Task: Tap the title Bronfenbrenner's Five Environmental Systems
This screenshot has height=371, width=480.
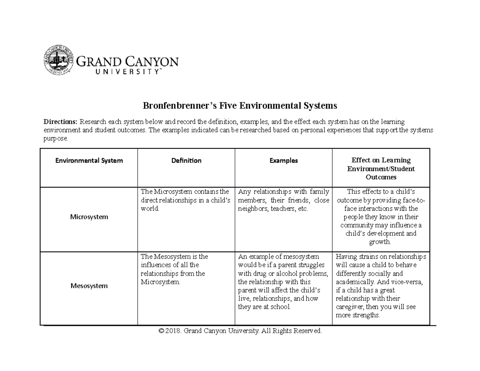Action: [x=240, y=106]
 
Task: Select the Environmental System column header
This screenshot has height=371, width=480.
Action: [x=89, y=160]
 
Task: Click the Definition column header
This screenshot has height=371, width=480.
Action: [x=186, y=160]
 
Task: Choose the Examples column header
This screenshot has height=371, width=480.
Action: [x=283, y=160]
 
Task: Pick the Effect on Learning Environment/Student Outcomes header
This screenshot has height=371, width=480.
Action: [x=380, y=168]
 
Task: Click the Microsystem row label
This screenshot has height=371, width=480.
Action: [x=89, y=217]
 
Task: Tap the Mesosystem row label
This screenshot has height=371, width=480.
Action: [x=89, y=286]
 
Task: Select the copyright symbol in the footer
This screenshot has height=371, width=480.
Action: [x=161, y=331]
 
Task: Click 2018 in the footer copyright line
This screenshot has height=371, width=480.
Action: [x=173, y=331]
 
